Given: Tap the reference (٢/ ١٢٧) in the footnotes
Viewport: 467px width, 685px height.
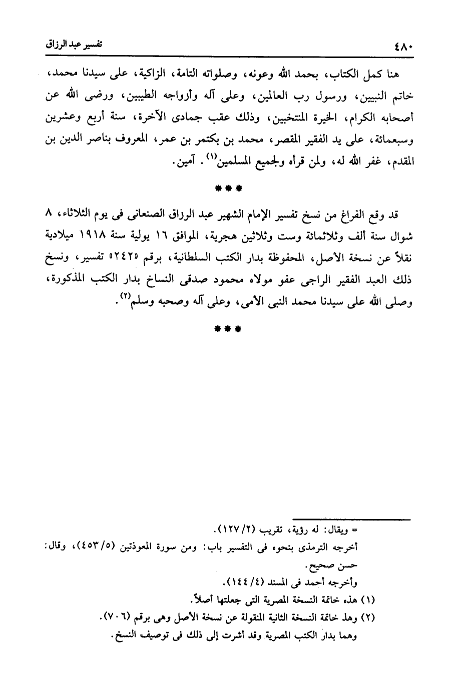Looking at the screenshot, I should click(237, 528).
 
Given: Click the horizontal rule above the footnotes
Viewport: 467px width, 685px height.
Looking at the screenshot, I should click(352, 520).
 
